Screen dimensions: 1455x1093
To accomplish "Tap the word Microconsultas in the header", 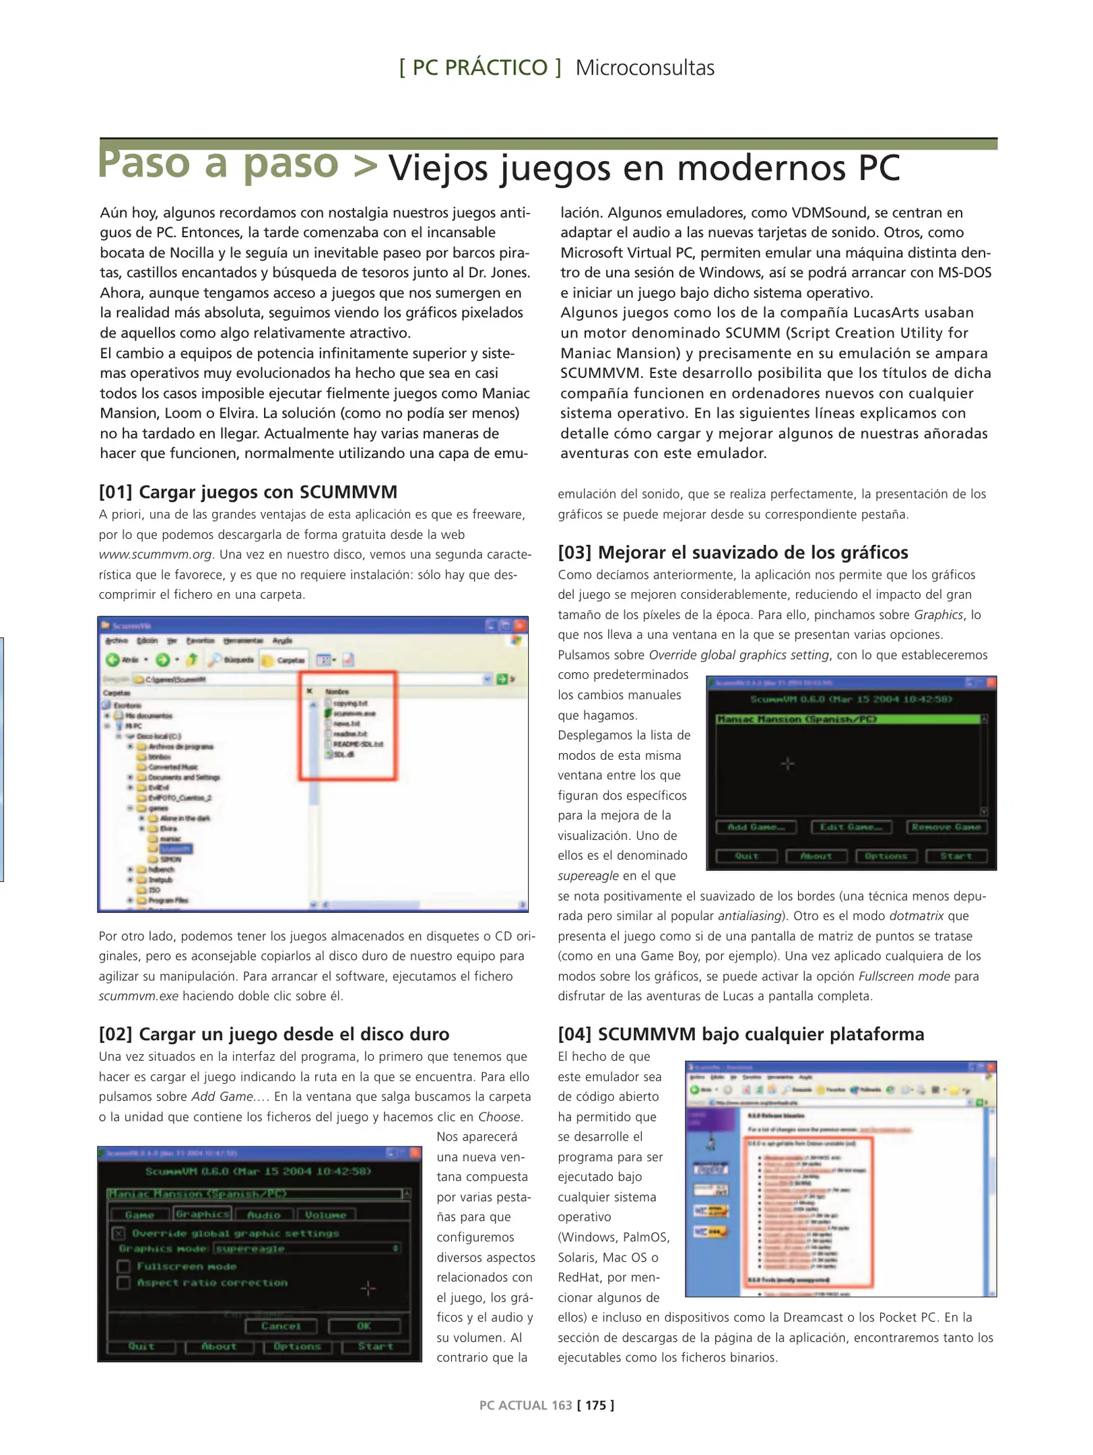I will click(x=644, y=68).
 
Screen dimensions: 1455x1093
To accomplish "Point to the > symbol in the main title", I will click(x=365, y=165).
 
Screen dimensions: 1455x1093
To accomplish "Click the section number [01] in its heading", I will click(x=116, y=492).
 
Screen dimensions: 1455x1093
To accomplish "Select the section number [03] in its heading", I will click(x=574, y=553).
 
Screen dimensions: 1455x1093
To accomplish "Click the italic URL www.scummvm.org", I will click(x=156, y=555).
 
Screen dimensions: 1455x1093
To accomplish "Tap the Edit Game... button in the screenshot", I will click(x=851, y=827).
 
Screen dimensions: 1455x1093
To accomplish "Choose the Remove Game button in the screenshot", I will click(x=946, y=827).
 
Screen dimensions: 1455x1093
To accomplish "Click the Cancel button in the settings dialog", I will click(x=281, y=1326).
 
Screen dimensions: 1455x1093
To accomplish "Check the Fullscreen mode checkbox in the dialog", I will click(x=124, y=1266).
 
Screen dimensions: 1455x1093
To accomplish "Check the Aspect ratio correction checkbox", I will click(x=124, y=1283).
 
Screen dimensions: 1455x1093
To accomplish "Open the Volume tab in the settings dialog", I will click(x=325, y=1215).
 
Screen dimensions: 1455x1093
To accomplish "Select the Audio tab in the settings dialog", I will click(x=263, y=1215).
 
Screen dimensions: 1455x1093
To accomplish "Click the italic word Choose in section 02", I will click(x=499, y=1117).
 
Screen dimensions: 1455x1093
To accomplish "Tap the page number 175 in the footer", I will click(x=595, y=1405).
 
